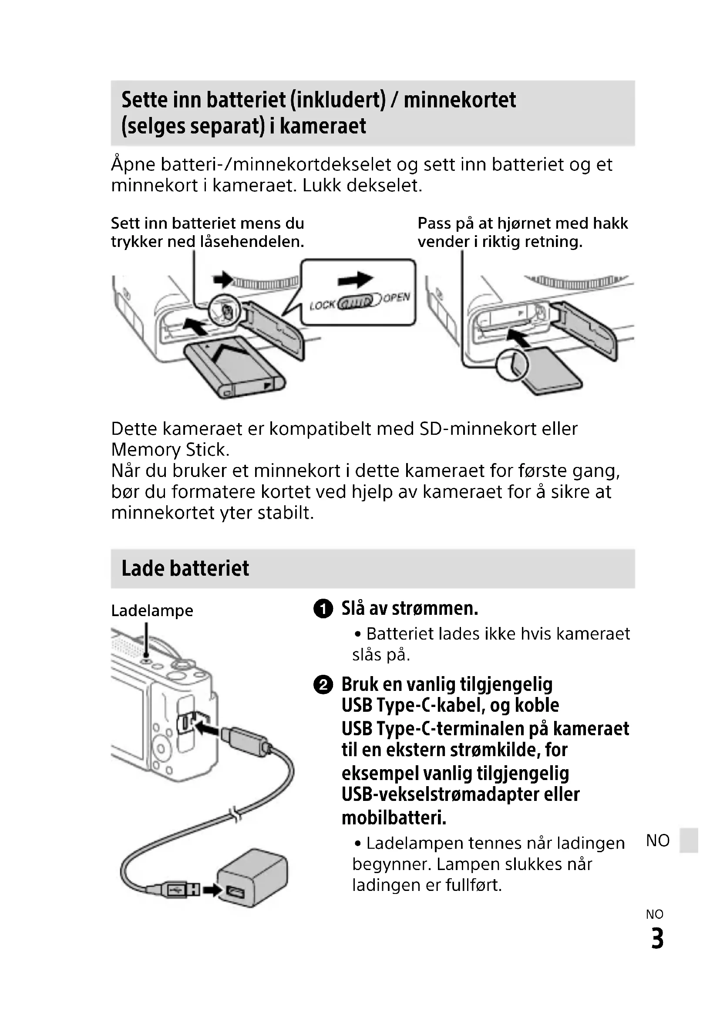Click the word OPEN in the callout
(396, 298)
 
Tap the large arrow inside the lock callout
(355, 280)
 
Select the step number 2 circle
(323, 685)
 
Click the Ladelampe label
(152, 611)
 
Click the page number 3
(657, 939)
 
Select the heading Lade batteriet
(185, 568)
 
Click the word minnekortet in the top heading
(460, 100)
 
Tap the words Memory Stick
(170, 450)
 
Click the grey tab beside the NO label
(690, 840)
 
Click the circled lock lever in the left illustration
(225, 310)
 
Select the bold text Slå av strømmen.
(410, 609)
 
